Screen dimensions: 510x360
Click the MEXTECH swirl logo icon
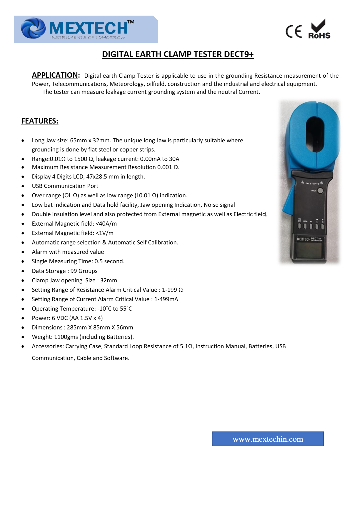pos(33,28)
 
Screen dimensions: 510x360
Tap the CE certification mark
pos(294,31)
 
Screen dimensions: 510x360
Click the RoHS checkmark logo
pos(319,29)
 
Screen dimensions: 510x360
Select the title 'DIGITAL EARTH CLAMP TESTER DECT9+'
pos(178,54)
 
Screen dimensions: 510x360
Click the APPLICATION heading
pos(56,75)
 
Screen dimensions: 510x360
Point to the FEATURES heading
pos(40,121)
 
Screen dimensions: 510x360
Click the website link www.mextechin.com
pos(268,439)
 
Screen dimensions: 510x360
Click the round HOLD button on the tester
pos(320,191)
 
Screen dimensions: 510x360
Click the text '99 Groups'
pos(84,271)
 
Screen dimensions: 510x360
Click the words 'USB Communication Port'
pos(65,186)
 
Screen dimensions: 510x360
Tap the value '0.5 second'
pos(109,261)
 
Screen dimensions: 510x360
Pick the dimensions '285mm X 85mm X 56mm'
pos(100,327)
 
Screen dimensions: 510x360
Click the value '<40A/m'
pos(106,224)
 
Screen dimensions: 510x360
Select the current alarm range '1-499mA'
pos(166,299)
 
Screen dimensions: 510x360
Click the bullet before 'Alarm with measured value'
pos(23,252)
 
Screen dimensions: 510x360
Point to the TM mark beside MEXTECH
pos(131,22)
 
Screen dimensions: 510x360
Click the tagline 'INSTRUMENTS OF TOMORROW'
pos(88,38)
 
